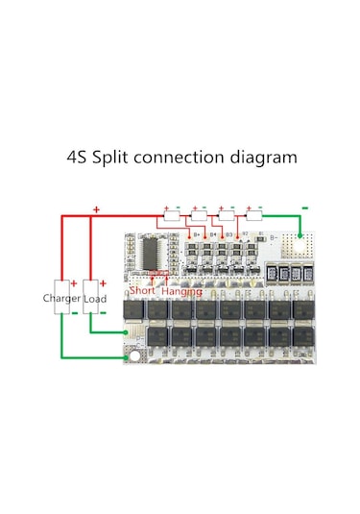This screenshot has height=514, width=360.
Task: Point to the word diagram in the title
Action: click(266, 157)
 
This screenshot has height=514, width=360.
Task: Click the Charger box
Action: click(61, 299)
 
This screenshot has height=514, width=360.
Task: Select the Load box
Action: click(94, 299)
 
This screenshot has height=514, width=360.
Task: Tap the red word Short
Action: click(142, 290)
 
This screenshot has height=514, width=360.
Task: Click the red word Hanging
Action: click(181, 290)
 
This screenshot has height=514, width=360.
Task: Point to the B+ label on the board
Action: click(198, 233)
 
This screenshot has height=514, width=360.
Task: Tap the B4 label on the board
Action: click(212, 233)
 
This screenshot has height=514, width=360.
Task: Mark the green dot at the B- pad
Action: click(300, 234)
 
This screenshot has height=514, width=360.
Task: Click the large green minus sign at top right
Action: click(304, 206)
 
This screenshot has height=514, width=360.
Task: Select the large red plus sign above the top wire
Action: click(95, 208)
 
